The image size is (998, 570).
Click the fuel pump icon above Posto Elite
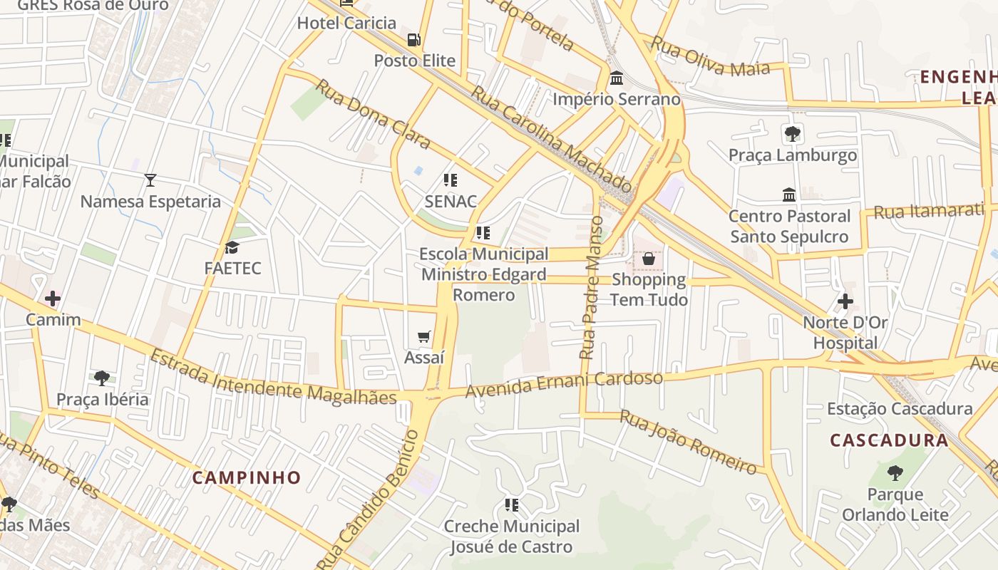(413, 40)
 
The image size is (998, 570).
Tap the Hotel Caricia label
(346, 23)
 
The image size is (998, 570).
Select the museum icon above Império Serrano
(617, 78)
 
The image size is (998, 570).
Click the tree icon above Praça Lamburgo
(792, 133)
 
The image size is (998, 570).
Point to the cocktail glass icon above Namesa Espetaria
(150, 180)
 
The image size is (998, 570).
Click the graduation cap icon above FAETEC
(232, 248)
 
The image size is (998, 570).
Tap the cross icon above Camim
(53, 299)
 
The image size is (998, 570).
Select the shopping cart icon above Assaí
(424, 336)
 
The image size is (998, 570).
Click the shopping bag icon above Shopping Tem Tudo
(649, 259)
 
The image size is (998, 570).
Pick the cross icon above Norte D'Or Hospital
(845, 301)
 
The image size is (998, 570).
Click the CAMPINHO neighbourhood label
(247, 477)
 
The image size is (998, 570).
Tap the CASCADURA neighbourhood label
(889, 440)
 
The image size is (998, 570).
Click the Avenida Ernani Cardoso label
(564, 384)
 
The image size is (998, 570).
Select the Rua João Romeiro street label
(687, 442)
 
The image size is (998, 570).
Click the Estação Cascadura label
(900, 409)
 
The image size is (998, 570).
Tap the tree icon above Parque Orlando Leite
(895, 472)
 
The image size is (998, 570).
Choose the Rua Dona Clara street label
(373, 114)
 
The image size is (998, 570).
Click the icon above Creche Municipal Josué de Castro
(512, 505)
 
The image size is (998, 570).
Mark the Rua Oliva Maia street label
(711, 58)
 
